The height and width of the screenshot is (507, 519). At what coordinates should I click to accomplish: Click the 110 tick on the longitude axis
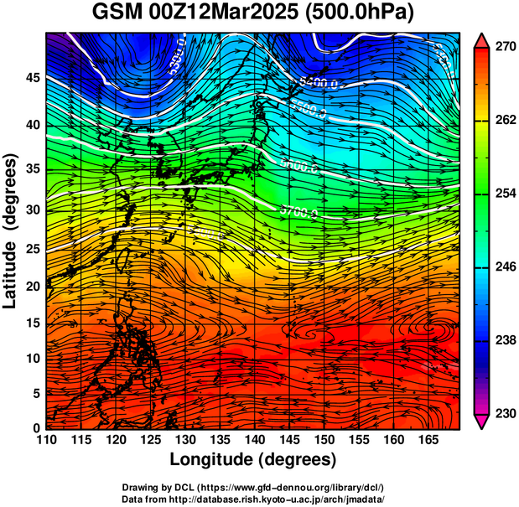[47, 439]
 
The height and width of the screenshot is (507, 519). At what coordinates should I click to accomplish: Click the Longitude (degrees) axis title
[253, 459]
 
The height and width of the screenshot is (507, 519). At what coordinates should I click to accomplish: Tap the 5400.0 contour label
[319, 83]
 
